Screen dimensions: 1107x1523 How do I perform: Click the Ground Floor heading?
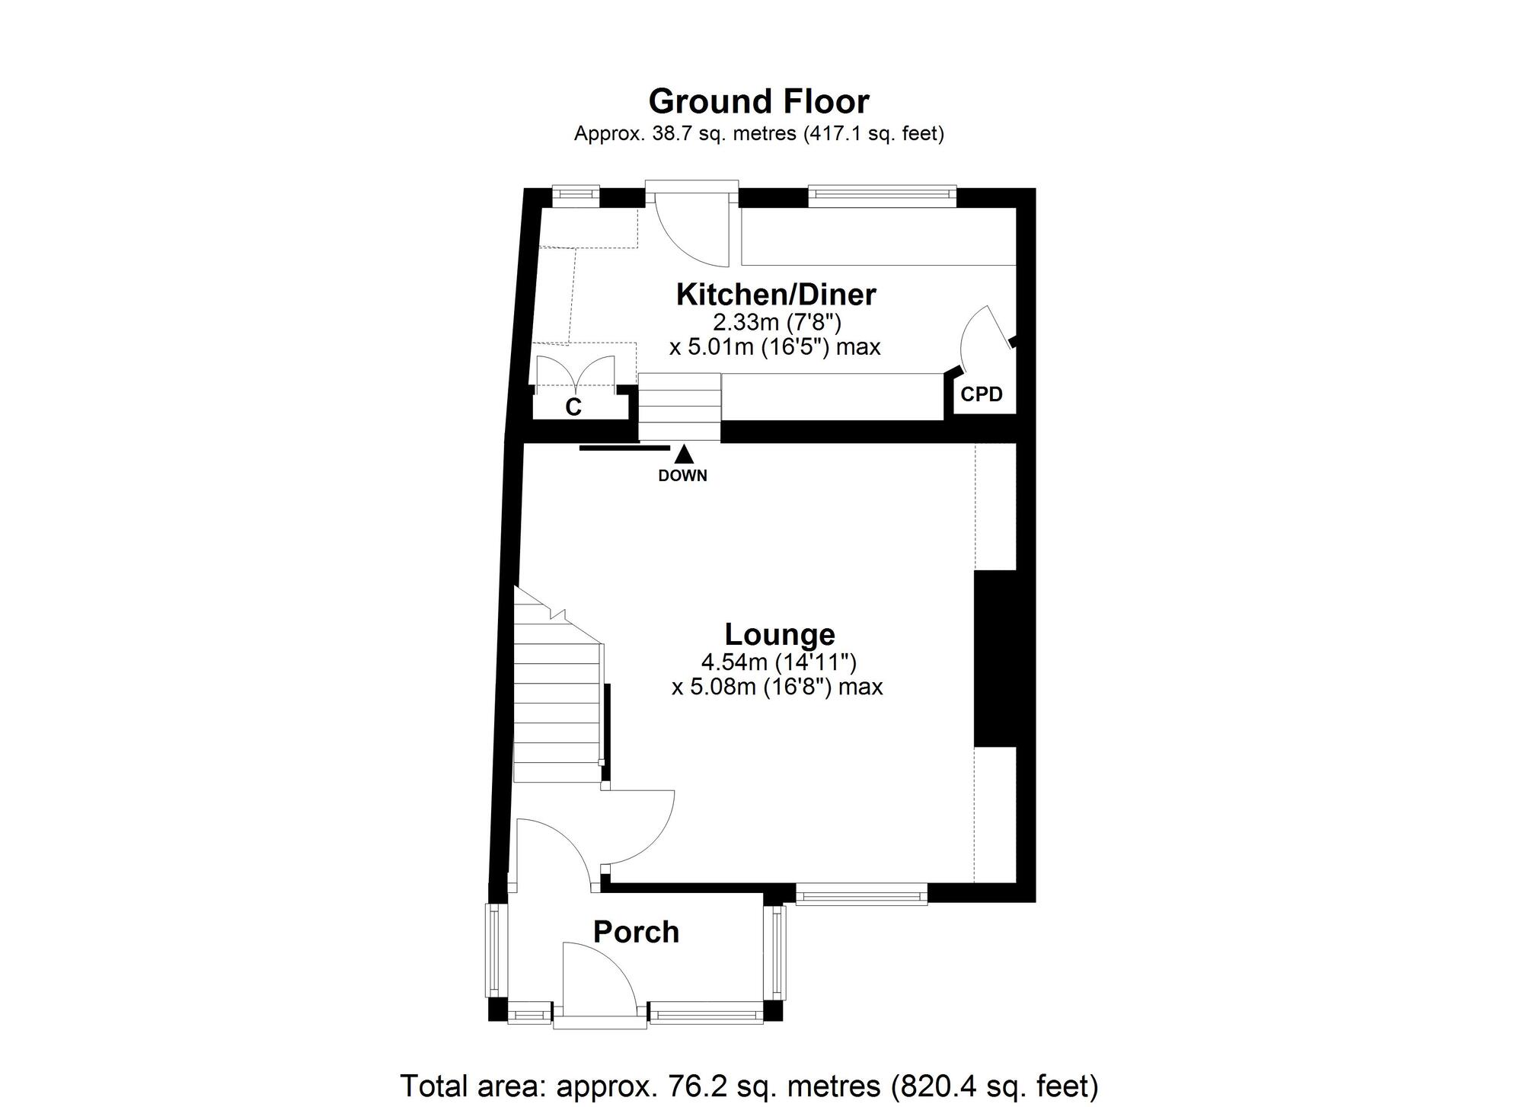click(x=758, y=101)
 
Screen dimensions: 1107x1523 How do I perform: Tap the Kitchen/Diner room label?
click(x=776, y=294)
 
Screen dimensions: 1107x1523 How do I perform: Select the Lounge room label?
click(x=779, y=634)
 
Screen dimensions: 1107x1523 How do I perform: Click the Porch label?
click(x=636, y=932)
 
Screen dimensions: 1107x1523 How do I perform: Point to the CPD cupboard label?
click(x=981, y=394)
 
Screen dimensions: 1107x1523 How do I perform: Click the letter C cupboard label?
click(x=573, y=407)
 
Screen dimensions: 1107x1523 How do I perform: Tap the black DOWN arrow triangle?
click(x=684, y=455)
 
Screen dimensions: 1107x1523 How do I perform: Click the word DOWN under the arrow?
click(x=682, y=476)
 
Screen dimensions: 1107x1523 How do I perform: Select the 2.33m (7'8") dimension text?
click(x=776, y=322)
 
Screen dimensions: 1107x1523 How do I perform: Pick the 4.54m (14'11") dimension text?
click(x=779, y=662)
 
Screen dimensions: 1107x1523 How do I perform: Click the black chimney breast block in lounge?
click(x=995, y=658)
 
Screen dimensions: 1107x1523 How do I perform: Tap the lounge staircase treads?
click(x=557, y=708)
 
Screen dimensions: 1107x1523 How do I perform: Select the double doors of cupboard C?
click(x=575, y=373)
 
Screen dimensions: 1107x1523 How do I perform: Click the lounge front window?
click(x=861, y=894)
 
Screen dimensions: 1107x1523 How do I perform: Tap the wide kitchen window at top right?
click(x=881, y=196)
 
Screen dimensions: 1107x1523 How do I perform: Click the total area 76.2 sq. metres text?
click(x=749, y=1086)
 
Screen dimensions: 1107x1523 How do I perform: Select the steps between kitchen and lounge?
click(x=679, y=407)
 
